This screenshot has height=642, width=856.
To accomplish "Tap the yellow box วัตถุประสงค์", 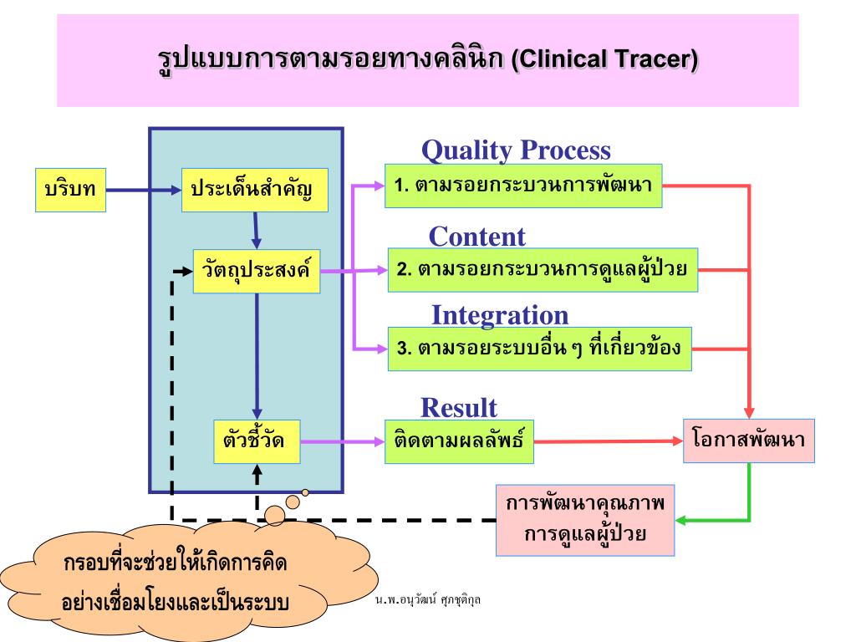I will point(256,271).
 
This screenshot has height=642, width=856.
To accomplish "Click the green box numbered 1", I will point(523,186).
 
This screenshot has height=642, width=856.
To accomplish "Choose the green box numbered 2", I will point(543,270).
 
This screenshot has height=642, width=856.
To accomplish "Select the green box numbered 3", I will point(539,349).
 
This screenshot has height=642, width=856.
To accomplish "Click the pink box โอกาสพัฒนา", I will point(748,441).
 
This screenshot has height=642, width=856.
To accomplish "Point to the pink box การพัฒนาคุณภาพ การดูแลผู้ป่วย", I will point(584,519).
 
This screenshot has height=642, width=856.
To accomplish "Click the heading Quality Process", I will point(516,150).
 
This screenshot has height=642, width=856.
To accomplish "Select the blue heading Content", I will point(476,237).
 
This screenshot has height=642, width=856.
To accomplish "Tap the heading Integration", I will point(499,315).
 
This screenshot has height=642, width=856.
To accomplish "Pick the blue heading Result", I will point(458,407).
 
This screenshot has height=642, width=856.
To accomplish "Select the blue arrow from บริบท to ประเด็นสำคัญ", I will point(142,190).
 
